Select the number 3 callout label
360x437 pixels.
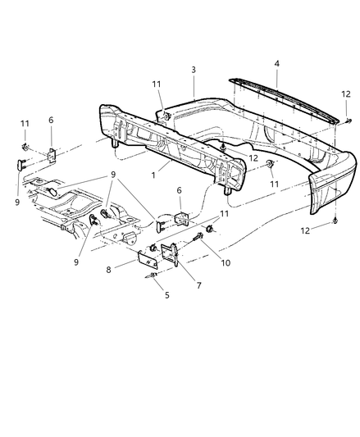[x=194, y=71]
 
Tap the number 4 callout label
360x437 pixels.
[x=276, y=62]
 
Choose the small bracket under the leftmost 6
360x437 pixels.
[x=51, y=153]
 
